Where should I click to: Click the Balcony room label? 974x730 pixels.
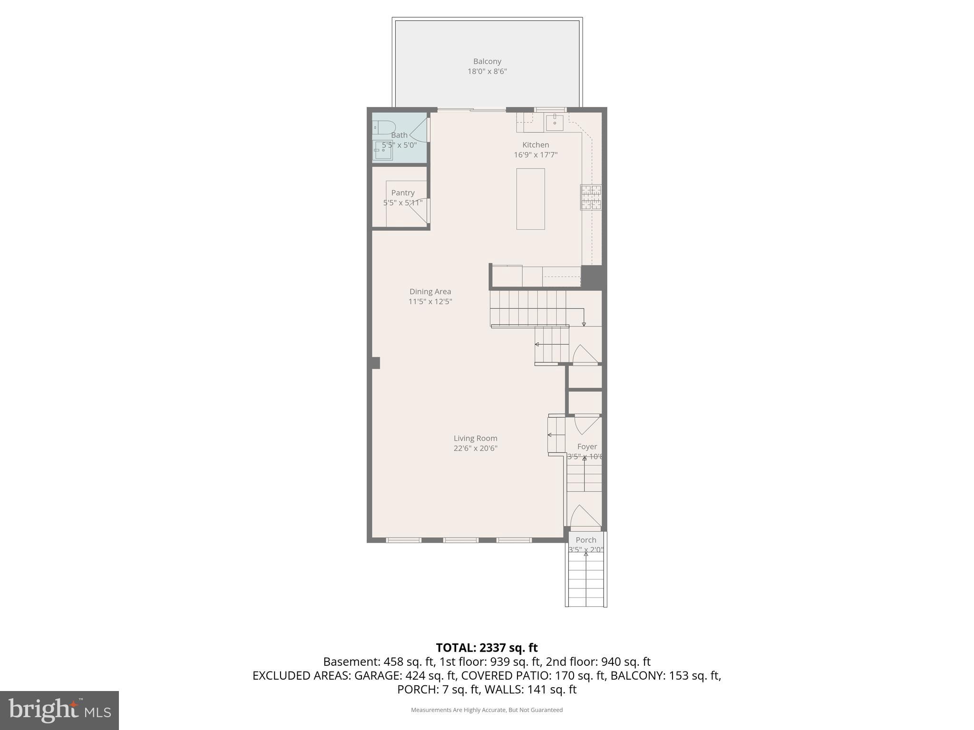(487, 61)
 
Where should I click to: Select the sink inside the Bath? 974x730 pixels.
(382, 151)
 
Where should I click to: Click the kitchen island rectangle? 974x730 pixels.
(530, 199)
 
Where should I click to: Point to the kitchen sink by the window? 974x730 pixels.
(555, 123)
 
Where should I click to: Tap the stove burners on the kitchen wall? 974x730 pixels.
(591, 197)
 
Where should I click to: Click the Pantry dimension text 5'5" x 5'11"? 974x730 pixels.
(403, 203)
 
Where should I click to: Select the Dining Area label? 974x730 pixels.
(430, 291)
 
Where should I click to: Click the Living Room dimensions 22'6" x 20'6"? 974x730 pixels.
(475, 448)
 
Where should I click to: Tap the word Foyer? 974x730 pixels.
(587, 446)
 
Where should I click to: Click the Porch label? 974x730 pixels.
(585, 540)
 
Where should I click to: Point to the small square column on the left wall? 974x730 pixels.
(375, 363)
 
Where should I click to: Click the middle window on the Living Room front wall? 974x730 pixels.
(460, 540)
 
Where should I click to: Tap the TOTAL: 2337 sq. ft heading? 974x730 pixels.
(487, 648)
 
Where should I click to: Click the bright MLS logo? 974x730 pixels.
(59, 710)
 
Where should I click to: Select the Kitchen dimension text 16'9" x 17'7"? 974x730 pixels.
(536, 155)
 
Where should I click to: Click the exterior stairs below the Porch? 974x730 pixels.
(586, 582)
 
